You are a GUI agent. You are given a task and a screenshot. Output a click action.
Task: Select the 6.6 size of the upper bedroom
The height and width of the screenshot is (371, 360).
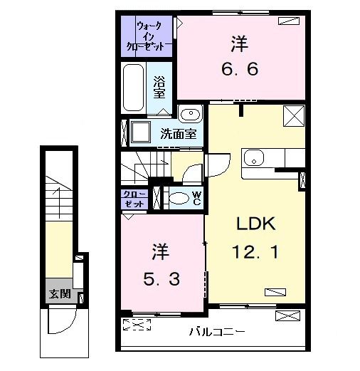238,70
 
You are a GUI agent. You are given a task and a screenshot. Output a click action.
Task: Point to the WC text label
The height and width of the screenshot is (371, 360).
197,198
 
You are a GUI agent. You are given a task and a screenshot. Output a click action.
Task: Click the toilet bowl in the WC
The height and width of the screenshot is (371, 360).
180,198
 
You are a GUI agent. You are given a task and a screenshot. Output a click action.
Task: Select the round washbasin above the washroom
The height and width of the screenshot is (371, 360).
190,114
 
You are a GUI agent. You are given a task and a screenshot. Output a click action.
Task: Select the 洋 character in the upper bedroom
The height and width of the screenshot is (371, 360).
238,44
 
